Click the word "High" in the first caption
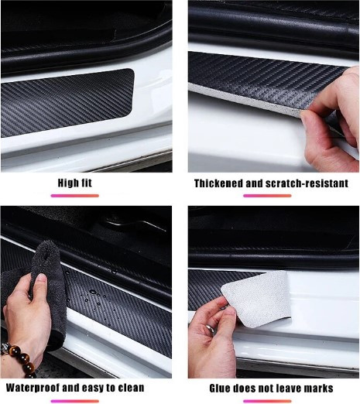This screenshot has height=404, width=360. tap(67, 183)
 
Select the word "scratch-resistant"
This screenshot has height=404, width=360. tap(307, 183)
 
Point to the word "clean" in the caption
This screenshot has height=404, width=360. tap(131, 388)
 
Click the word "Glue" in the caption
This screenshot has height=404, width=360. tap(220, 389)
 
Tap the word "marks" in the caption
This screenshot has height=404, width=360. tap(318, 389)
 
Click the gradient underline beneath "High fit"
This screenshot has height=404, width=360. tap(75, 196)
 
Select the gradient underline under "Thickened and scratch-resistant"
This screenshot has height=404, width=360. tap(267, 196)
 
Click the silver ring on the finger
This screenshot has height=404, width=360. tap(211, 328)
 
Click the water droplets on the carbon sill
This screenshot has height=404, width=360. tap(94, 296)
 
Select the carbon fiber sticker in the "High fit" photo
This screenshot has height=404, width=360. tap(67, 103)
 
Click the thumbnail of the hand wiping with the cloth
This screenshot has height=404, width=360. tap(86, 292)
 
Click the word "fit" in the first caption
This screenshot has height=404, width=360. tap(85, 183)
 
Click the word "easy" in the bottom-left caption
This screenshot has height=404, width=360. tap(93, 389)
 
